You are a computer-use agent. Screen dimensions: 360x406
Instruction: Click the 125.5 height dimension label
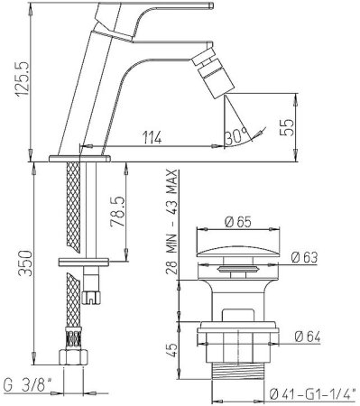[22, 78]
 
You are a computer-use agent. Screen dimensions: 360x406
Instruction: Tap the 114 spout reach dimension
[152, 138]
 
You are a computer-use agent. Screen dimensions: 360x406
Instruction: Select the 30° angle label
[236, 135]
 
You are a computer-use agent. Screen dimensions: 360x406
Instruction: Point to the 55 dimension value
[287, 127]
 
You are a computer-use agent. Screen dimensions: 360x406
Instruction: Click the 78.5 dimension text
[117, 212]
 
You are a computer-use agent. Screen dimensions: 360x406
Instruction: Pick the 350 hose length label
[25, 263]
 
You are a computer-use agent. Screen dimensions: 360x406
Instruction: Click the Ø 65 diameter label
[237, 222]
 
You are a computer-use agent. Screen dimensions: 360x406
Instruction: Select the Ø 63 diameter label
[304, 257]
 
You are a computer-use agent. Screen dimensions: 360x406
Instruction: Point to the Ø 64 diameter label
[308, 337]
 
